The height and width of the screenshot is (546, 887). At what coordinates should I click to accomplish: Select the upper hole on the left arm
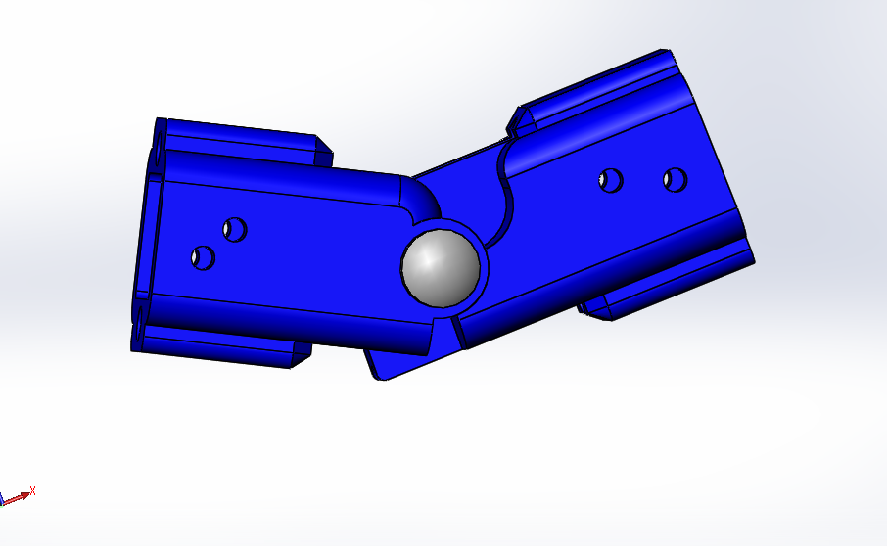pyautogui.click(x=234, y=230)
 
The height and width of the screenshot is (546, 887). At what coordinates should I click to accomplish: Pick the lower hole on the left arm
pyautogui.click(x=203, y=258)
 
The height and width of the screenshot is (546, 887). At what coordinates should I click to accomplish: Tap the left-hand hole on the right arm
pyautogui.click(x=611, y=181)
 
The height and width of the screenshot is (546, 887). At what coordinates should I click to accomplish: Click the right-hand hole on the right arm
pyautogui.click(x=675, y=180)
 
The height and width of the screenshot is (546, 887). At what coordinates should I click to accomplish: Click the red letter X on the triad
pyautogui.click(x=32, y=490)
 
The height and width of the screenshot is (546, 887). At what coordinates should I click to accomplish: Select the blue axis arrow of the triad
pyautogui.click(x=4, y=499)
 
